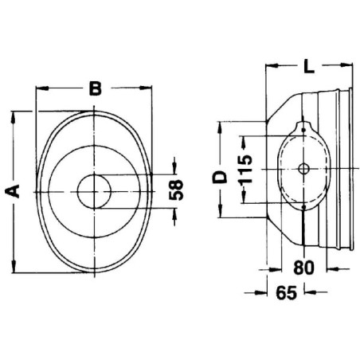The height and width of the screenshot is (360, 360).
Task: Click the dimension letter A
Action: (13, 191)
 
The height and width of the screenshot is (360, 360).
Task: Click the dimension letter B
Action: (96, 88)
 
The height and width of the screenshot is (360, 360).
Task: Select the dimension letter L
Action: (309, 66)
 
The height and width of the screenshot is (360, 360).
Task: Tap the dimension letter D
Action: (220, 177)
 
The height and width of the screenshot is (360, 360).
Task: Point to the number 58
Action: (176, 190)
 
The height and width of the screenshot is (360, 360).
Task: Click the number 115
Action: (245, 170)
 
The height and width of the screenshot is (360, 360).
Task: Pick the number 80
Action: (303, 268)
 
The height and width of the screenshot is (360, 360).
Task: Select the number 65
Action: (287, 293)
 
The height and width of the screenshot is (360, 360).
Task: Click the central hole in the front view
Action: (94, 191)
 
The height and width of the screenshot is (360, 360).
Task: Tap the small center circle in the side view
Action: (303, 169)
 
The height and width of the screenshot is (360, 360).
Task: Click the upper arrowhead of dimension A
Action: (13, 118)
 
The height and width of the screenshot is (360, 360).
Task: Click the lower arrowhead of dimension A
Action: (14, 266)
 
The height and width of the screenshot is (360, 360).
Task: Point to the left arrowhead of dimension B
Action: (42, 88)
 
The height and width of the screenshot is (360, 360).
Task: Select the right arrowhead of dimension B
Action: (146, 88)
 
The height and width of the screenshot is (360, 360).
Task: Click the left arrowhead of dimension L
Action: (272, 65)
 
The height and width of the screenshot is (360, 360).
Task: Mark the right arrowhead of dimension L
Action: (346, 65)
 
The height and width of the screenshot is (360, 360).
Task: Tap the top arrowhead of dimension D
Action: (220, 127)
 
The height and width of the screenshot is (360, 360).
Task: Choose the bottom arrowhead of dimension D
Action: (220, 211)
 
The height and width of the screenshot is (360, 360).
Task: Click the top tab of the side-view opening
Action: (303, 127)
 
